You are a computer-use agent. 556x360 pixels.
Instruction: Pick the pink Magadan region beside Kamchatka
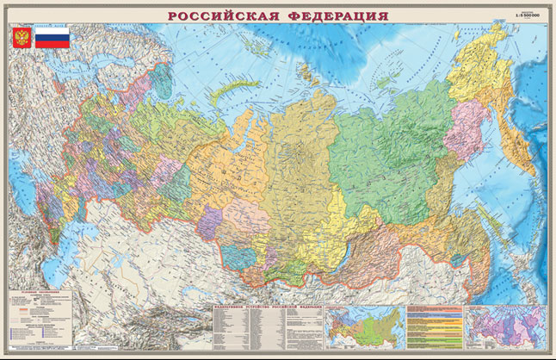point(465,129)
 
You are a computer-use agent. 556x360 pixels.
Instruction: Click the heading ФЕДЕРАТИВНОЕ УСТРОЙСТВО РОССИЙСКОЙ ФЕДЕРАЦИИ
point(267,307)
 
